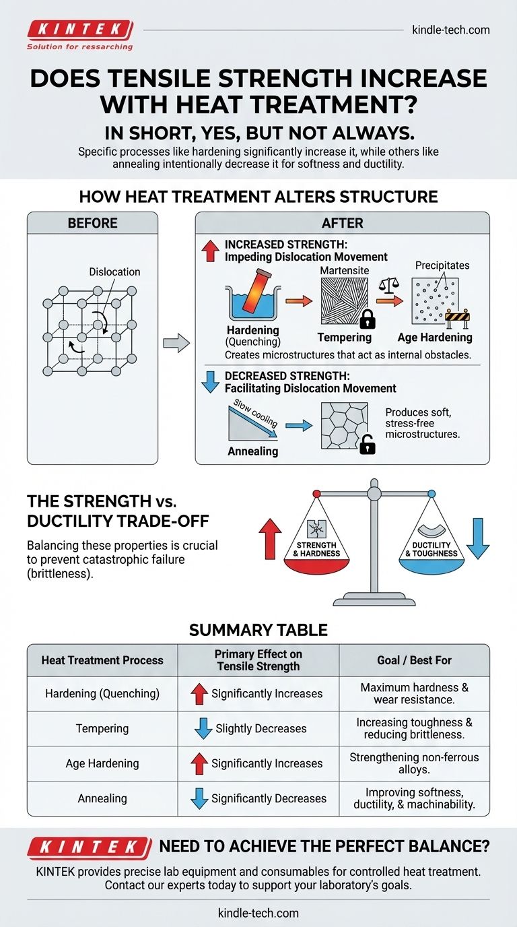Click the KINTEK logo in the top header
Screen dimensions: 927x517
[79, 30]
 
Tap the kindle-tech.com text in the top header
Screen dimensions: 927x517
[450, 30]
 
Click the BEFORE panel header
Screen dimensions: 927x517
[92, 223]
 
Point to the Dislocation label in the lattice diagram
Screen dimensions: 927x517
[114, 271]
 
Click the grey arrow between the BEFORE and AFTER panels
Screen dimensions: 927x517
[176, 343]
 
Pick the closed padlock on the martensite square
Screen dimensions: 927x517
[367, 317]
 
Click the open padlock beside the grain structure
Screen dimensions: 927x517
[368, 444]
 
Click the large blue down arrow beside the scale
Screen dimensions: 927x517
[477, 538]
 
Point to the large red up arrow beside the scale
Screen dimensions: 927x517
[270, 538]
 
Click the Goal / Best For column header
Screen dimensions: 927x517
[414, 660]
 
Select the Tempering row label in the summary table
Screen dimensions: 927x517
[102, 728]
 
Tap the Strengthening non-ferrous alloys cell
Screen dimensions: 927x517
[414, 763]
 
